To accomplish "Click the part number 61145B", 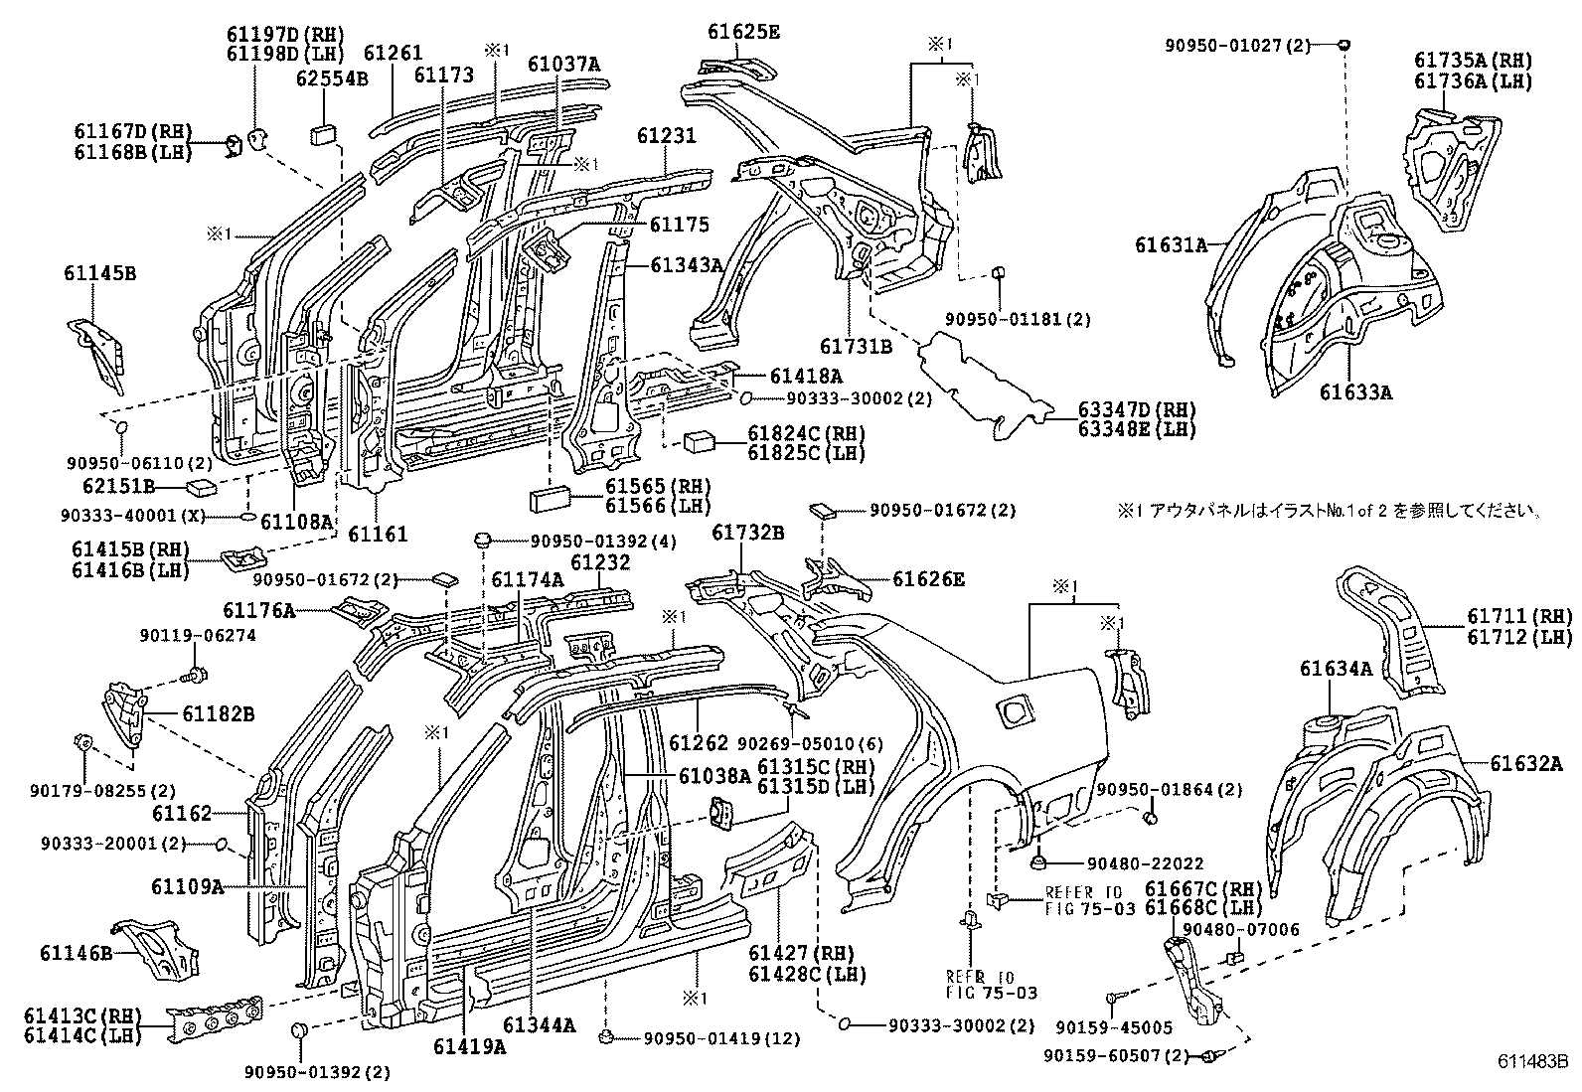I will tap(102, 275).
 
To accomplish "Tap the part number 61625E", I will tap(743, 32).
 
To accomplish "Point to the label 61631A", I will tap(1172, 243).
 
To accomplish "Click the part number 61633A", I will tap(1355, 391).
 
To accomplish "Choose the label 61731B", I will tap(856, 346).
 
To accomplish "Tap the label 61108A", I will tap(296, 520).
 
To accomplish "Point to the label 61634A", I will tap(1335, 670).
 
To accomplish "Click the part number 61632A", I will tap(1526, 763).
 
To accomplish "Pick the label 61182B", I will tap(218, 713).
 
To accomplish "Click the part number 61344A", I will tap(539, 1025).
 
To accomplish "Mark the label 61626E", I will tap(928, 578).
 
